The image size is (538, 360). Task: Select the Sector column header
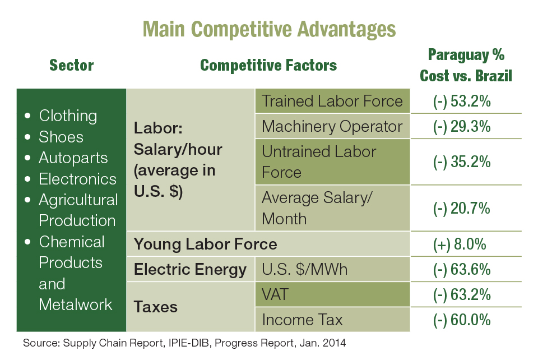71,66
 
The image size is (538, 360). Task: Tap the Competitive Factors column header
268,66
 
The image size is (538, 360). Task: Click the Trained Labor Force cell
332,101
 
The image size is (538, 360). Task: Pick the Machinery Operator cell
332,127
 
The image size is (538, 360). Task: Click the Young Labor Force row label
205,244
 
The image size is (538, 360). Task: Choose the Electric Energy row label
190,270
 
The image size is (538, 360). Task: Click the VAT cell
276,294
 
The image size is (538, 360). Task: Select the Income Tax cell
302,320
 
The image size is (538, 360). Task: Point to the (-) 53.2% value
462,101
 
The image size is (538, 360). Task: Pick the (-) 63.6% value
462,270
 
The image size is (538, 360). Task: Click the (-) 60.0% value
462,320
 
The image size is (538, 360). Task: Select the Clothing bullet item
68,116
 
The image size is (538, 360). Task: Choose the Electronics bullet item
77,179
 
